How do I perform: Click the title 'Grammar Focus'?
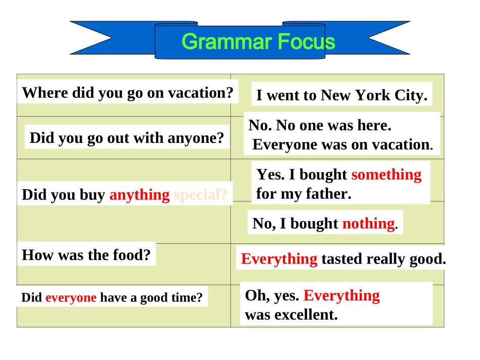pyautogui.click(x=258, y=42)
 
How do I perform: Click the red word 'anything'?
pyautogui.click(x=139, y=195)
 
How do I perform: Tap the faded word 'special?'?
pyautogui.click(x=201, y=195)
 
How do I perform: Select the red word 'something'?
pyautogui.click(x=386, y=175)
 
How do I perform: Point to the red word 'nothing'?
pyautogui.click(x=368, y=223)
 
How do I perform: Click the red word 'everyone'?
pyautogui.click(x=71, y=298)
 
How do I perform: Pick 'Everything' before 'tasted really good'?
pyautogui.click(x=279, y=259)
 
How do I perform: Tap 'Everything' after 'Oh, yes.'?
pyautogui.click(x=342, y=295)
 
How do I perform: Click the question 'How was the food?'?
pyautogui.click(x=86, y=255)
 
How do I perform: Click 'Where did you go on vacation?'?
pyautogui.click(x=128, y=93)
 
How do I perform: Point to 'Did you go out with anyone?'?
pyautogui.click(x=127, y=138)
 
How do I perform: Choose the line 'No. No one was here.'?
pyautogui.click(x=320, y=125)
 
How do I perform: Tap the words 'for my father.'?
pyautogui.click(x=303, y=193)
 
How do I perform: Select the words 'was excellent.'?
pyautogui.click(x=291, y=315)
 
